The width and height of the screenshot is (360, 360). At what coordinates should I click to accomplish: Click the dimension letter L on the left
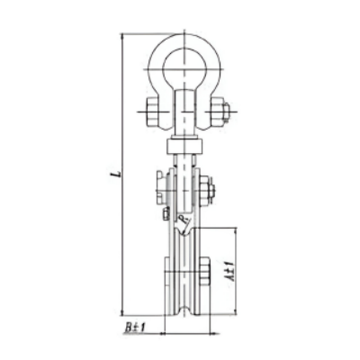tap(119, 174)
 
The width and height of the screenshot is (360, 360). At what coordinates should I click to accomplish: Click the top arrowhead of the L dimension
tap(122, 36)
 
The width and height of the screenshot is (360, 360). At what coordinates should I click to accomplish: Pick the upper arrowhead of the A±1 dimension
tap(236, 231)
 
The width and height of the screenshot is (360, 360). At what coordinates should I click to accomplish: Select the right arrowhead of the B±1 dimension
tap(214, 333)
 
